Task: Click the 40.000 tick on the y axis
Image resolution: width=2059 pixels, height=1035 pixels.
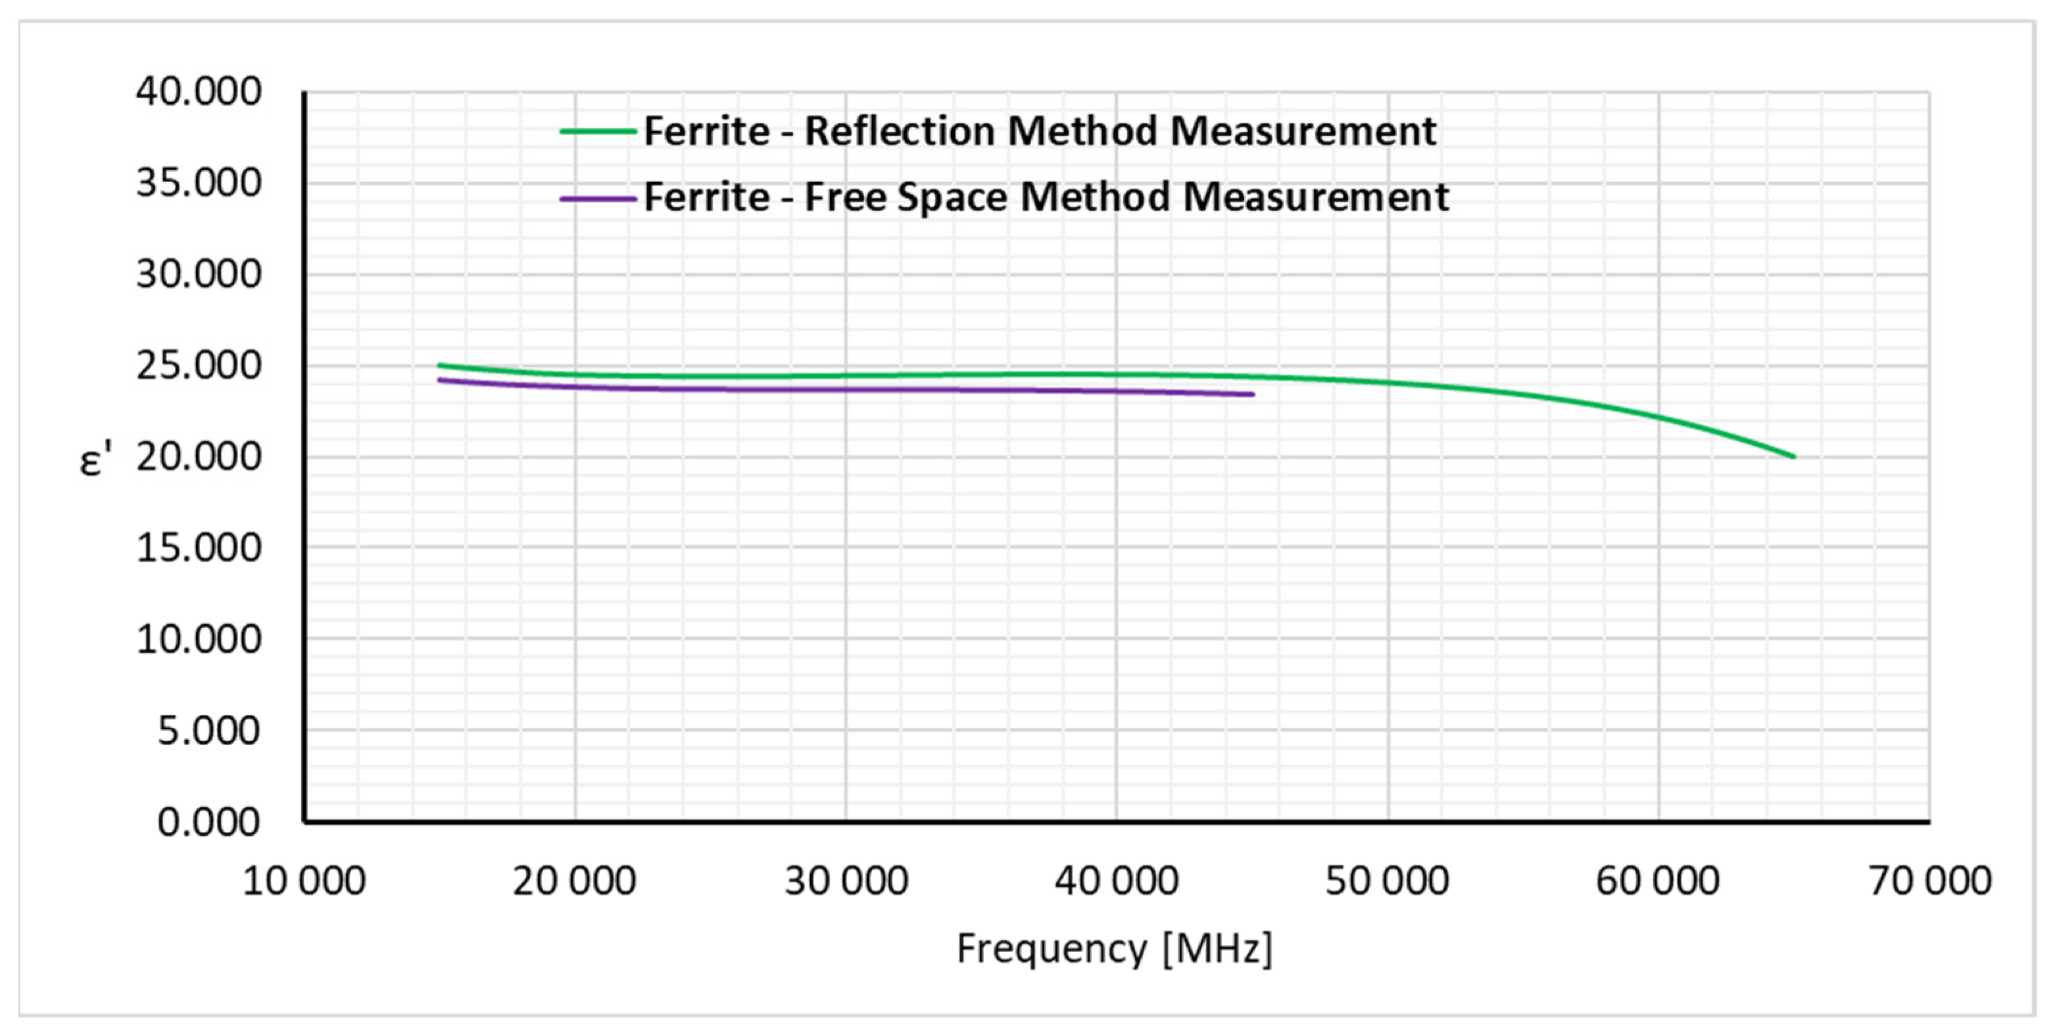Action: [x=198, y=91]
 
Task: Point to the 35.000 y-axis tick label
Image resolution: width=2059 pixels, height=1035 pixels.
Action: [x=198, y=183]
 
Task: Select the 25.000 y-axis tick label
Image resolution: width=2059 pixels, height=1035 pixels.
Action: [x=198, y=366]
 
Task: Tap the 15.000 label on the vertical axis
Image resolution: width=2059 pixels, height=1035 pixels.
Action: [x=198, y=548]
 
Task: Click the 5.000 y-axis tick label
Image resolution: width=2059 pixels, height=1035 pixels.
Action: [x=208, y=731]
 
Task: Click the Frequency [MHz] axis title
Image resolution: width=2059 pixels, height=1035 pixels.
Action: [x=1114, y=950]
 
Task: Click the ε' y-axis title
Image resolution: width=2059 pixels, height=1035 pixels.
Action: [x=95, y=460]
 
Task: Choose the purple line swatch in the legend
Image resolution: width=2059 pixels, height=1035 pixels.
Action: [x=598, y=198]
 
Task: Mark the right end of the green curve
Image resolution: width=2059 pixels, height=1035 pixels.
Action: [x=1793, y=456]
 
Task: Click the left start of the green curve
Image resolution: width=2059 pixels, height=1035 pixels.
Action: [x=439, y=365]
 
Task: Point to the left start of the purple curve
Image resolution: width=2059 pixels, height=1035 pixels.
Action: [x=439, y=379]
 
